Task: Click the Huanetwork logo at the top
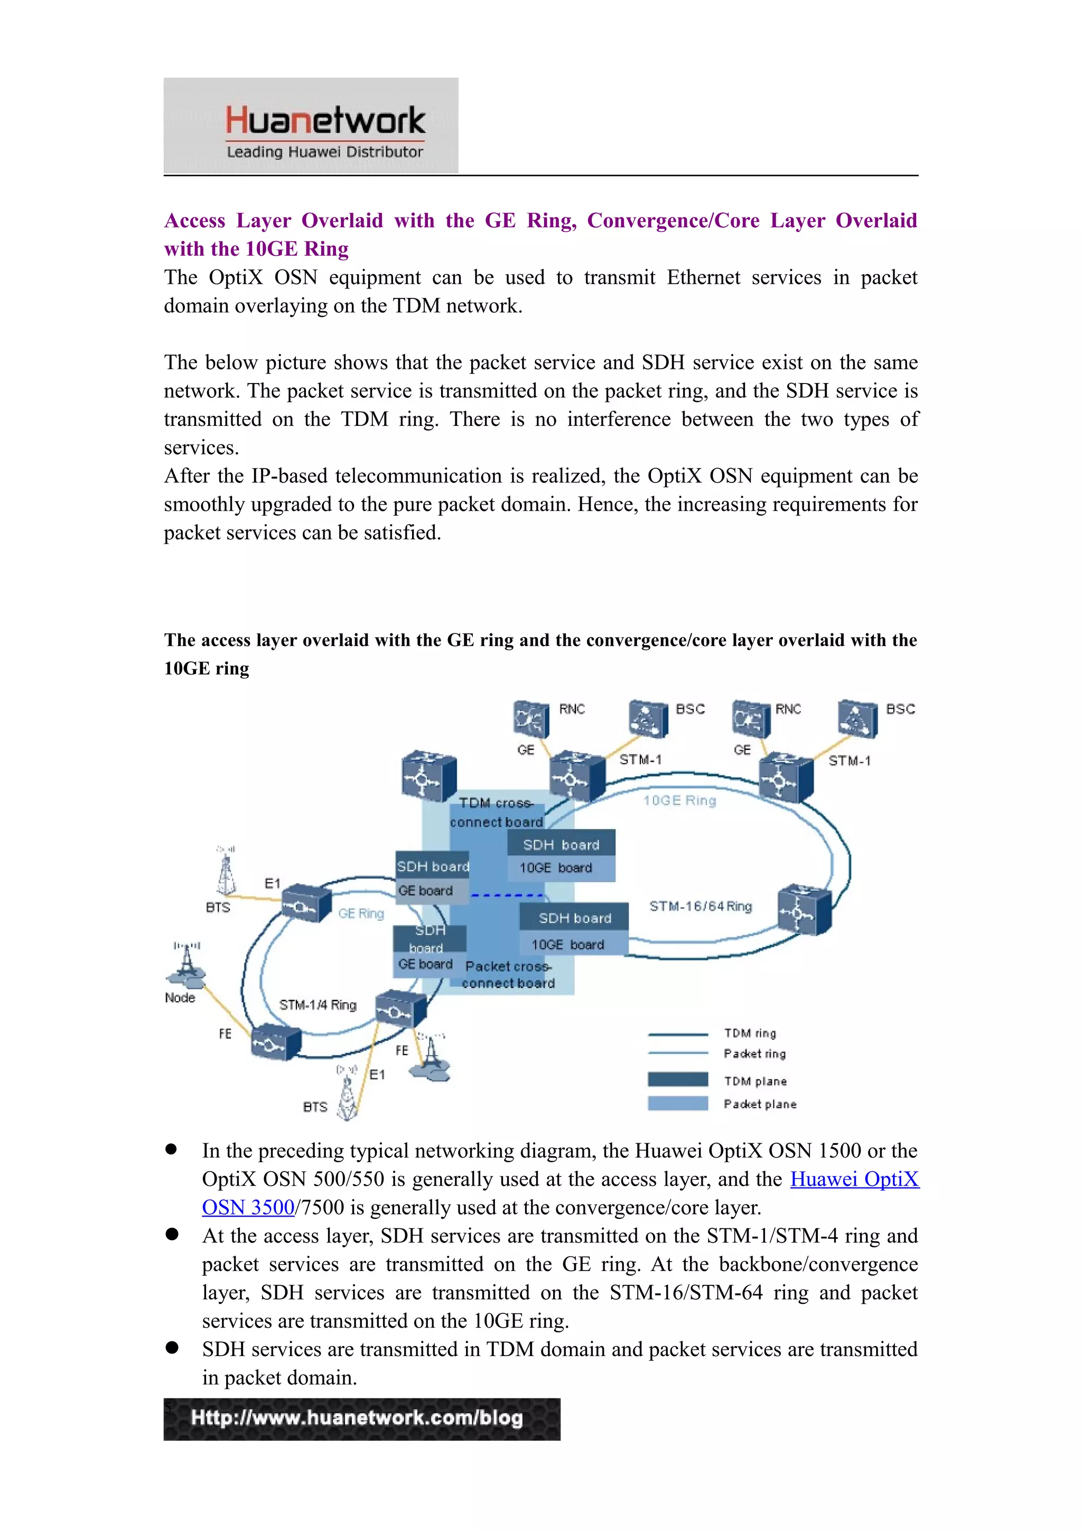tap(311, 125)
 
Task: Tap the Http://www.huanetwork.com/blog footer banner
tap(361, 1419)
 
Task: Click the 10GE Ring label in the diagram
tap(679, 800)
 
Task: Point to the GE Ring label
tap(361, 913)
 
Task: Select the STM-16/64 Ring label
tap(701, 906)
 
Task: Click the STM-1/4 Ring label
tap(318, 1005)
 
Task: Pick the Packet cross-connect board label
tap(508, 975)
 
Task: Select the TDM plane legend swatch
tap(677, 1079)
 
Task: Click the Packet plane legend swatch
tap(677, 1103)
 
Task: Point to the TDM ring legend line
tap(677, 1034)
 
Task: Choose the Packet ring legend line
tap(677, 1053)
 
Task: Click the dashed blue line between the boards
tap(507, 895)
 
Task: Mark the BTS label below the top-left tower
tap(218, 908)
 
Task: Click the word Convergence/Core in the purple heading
tap(673, 221)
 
